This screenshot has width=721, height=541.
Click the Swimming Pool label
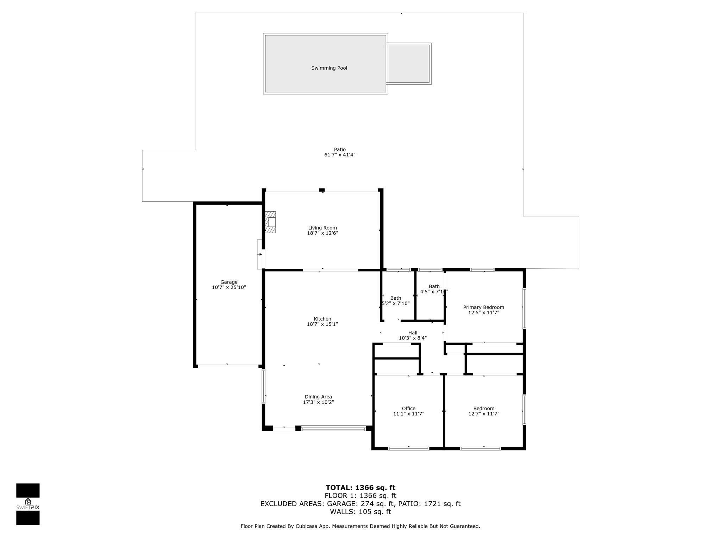coord(329,68)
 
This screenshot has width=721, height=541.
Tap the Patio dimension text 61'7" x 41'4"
coord(340,155)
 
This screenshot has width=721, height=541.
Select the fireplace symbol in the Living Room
coord(271,222)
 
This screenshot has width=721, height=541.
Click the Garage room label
coord(229,282)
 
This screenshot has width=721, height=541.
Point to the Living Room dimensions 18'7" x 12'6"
coord(322,233)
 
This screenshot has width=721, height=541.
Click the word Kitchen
coord(322,319)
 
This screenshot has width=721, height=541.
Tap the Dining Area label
coord(318,397)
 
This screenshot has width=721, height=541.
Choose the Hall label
coord(413,332)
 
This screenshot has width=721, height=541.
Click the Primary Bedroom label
coord(483,307)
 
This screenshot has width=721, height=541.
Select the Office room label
coord(408,408)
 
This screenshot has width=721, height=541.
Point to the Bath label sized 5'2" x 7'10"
coord(395,298)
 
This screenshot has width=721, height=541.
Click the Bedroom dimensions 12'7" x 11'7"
coord(484,414)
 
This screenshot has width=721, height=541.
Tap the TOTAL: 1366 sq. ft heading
coord(360,487)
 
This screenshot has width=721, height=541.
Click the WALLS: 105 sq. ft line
coord(360,512)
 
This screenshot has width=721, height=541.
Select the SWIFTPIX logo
coord(28,504)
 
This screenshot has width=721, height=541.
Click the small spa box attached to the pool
coord(408,64)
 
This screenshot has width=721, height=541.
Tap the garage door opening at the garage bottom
coord(228,366)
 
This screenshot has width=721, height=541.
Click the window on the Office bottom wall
coord(408,448)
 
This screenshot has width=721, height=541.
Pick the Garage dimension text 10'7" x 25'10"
coord(229,287)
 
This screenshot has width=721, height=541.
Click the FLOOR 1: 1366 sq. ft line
coord(360,496)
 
